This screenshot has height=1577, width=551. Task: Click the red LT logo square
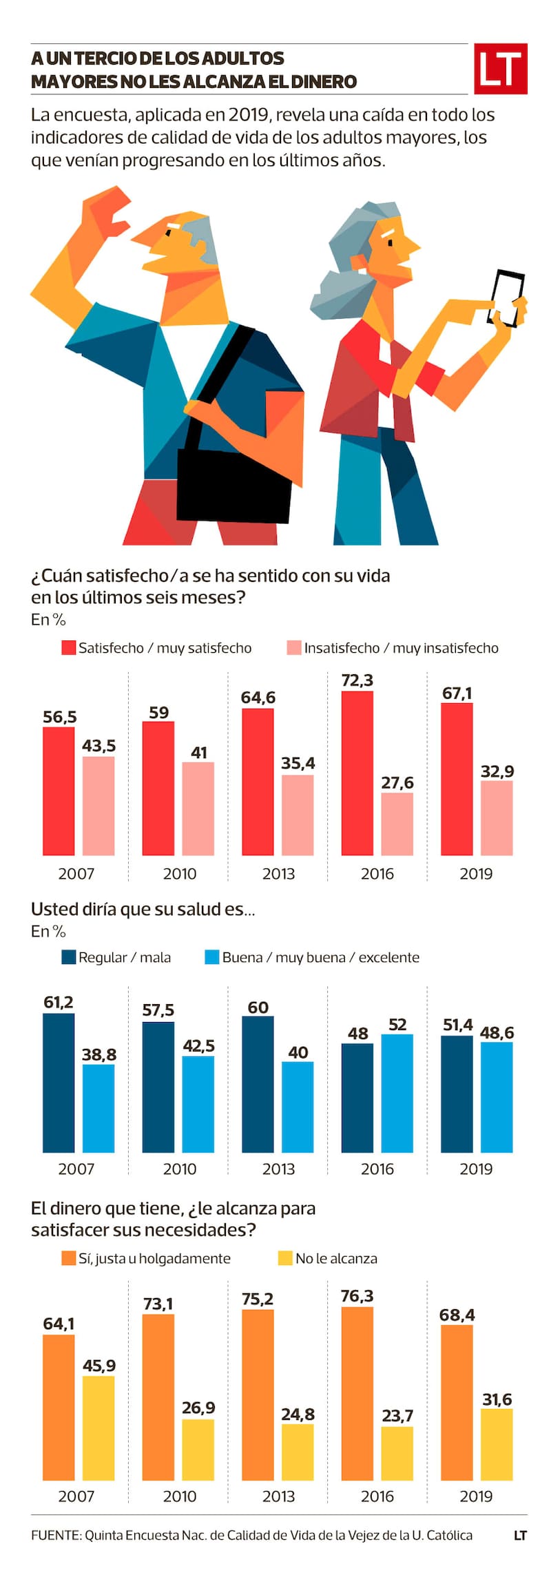point(501,68)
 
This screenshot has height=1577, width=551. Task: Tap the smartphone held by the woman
point(506,297)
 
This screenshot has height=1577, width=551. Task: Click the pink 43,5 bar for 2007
point(98,806)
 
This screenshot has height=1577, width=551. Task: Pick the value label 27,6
point(397,782)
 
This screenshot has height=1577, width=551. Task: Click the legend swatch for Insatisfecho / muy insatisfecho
point(294,648)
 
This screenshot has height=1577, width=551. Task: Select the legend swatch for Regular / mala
point(68,957)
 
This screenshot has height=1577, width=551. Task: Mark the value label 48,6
point(497,1032)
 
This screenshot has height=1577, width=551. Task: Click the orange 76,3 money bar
point(357,1394)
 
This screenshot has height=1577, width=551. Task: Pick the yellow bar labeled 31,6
point(497,1445)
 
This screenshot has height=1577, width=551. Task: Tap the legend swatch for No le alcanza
point(285,1258)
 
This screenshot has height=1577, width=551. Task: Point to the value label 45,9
point(99,1365)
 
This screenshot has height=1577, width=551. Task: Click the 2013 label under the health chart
point(278,1169)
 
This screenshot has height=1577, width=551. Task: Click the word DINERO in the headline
point(324,82)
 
